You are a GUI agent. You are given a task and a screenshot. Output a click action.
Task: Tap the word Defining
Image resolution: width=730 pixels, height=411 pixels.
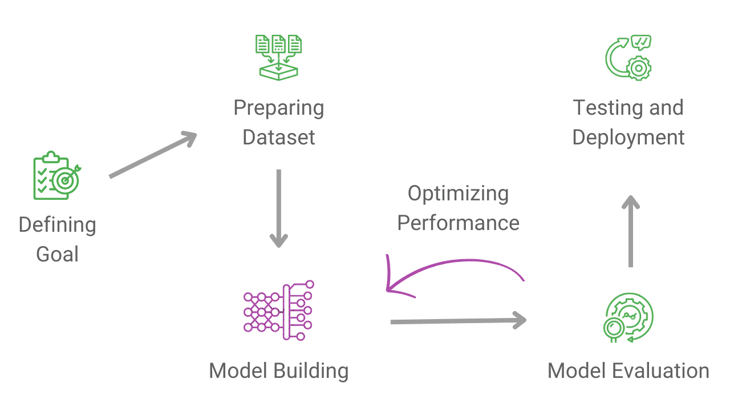click(57, 225)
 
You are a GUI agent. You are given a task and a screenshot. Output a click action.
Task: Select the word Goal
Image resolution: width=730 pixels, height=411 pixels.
click(57, 254)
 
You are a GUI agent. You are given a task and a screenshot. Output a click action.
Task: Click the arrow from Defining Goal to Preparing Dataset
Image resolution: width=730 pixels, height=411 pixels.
click(152, 155)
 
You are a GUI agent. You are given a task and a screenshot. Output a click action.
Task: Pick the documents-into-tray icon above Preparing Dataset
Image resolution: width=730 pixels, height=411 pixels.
click(278, 57)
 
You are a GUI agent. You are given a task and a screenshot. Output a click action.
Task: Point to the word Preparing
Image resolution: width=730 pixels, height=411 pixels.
click(278, 108)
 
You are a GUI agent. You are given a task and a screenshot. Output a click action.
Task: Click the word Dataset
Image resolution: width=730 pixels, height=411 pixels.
click(278, 138)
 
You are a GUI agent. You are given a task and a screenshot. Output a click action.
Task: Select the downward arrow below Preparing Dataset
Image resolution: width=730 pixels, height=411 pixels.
click(278, 208)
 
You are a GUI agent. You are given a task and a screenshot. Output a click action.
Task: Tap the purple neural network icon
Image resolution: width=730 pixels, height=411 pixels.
click(278, 311)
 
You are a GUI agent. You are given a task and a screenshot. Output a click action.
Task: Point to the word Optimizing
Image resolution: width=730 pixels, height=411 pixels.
click(458, 194)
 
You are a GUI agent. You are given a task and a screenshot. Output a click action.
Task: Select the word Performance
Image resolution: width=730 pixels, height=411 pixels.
click(458, 223)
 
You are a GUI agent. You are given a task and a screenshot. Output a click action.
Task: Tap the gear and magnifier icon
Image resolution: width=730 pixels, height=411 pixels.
click(628, 317)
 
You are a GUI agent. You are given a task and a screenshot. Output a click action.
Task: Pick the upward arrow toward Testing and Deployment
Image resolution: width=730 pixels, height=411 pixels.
click(630, 231)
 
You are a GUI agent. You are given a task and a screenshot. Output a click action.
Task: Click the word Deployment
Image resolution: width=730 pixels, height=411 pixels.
click(628, 138)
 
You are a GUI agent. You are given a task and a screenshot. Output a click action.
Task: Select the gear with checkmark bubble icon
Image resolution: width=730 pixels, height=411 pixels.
click(628, 57)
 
